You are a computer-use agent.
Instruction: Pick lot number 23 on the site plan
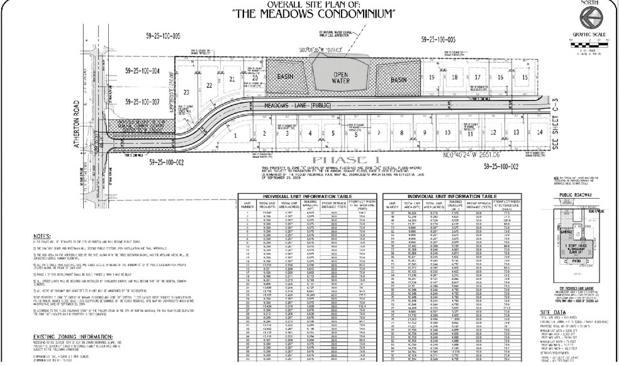(186, 92)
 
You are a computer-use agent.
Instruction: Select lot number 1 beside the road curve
(235, 135)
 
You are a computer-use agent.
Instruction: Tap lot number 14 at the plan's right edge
(540, 132)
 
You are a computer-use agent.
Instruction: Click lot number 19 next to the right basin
(432, 77)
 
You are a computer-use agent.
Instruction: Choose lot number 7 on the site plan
(379, 133)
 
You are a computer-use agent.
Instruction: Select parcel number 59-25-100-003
(435, 39)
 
